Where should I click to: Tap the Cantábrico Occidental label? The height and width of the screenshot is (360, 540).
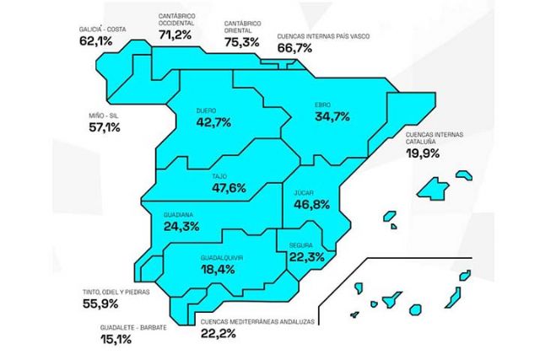pyautogui.click(x=176, y=19)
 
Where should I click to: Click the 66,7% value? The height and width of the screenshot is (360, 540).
pyautogui.click(x=294, y=48)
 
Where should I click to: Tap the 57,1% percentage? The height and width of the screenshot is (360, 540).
pyautogui.click(x=105, y=127)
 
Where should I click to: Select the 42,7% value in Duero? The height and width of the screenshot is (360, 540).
pyautogui.click(x=213, y=122)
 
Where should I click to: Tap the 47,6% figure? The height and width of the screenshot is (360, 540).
pyautogui.click(x=229, y=188)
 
